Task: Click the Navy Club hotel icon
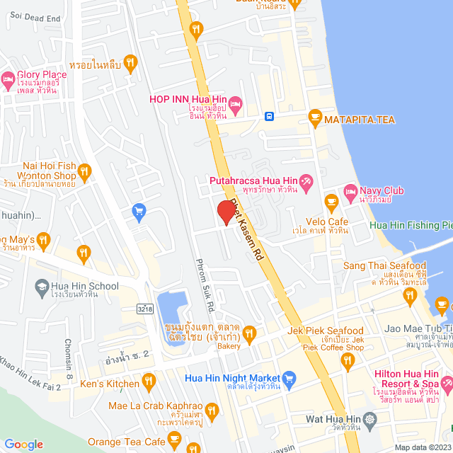click(350, 191)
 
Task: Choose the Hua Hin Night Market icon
click(288, 379)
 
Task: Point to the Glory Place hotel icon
click(8, 79)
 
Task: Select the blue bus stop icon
click(269, 116)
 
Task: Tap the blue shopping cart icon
click(139, 210)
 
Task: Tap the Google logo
click(23, 444)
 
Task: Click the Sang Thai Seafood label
click(384, 265)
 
